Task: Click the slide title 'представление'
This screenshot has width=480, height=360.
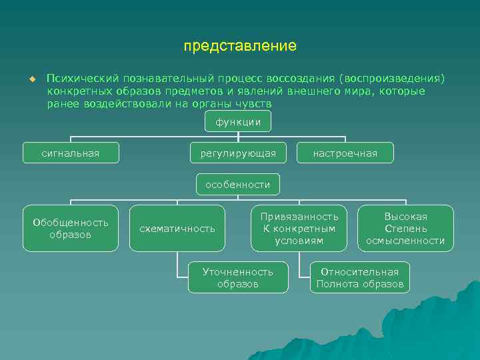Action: coord(240,47)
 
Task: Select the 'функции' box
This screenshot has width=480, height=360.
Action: coord(238,121)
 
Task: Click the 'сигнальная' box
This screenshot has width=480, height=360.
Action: coord(71,153)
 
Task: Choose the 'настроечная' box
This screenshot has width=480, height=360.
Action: coord(345,153)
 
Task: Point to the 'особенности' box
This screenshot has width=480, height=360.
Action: coord(238,185)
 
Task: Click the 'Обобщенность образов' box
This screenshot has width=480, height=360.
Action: coord(71,229)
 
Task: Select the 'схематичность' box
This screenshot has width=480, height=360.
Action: coord(177,229)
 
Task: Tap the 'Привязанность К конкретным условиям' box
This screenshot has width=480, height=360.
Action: coord(299,229)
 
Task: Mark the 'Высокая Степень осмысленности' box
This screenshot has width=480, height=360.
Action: coord(405,229)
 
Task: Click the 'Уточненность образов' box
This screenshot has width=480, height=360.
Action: coord(238,277)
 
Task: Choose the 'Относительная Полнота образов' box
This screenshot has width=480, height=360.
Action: coord(360,277)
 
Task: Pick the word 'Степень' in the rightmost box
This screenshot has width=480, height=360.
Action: coord(405,229)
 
